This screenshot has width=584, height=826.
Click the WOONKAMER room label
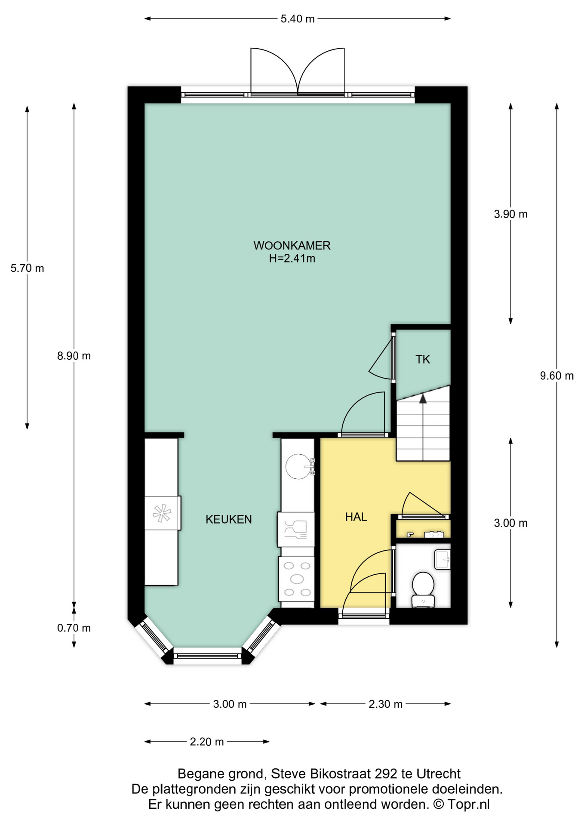click(x=292, y=246)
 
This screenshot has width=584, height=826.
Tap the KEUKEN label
click(x=229, y=519)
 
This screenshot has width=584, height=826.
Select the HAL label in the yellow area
click(x=356, y=517)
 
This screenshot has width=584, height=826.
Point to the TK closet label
click(x=423, y=359)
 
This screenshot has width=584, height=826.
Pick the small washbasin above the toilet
click(x=442, y=559)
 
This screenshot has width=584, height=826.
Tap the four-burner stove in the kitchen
click(x=297, y=579)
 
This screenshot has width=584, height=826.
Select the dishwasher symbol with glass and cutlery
click(x=296, y=529)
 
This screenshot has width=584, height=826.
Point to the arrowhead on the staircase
click(x=423, y=399)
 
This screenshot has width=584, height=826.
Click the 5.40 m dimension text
click(x=298, y=19)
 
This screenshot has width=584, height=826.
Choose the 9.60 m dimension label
click(x=557, y=376)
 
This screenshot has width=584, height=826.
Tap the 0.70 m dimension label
click(x=74, y=628)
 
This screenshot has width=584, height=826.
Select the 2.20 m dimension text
click(x=207, y=742)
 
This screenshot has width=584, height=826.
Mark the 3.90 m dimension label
click(x=510, y=214)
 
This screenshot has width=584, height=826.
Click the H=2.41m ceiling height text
click(x=292, y=259)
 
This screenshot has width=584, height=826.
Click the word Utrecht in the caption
click(x=438, y=774)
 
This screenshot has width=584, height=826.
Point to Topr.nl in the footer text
click(x=468, y=804)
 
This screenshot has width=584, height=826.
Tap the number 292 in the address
click(x=386, y=774)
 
